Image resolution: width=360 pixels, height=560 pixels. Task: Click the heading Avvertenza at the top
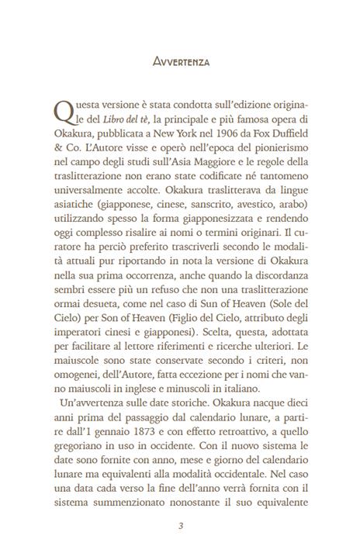(179, 58)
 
